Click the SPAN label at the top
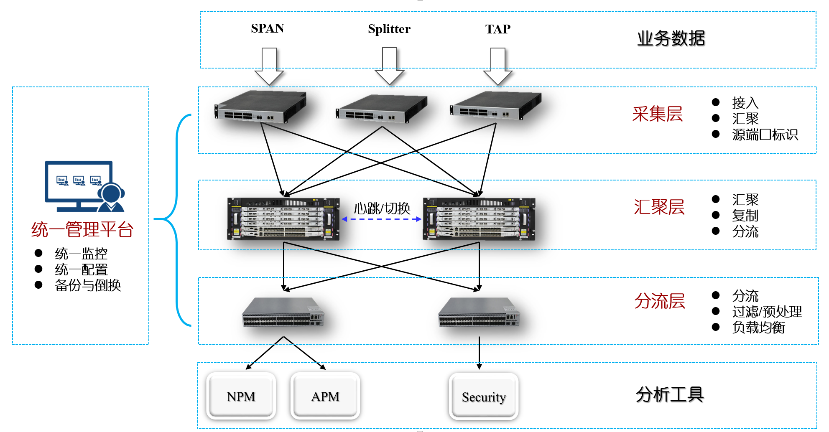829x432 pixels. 267,28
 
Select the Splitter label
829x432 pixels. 389,29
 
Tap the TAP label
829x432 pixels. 497,29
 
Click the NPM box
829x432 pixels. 241,396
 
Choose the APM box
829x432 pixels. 325,396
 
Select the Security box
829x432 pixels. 484,396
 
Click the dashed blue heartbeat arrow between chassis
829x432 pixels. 381,219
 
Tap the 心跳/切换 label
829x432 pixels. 382,208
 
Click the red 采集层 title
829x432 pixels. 657,114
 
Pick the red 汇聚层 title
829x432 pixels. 659,207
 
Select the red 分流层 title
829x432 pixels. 659,301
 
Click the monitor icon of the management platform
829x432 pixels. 84,186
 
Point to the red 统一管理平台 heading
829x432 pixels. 82,230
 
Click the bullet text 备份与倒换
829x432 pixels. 88,285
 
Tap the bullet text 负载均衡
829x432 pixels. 758,328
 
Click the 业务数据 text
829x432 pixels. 671,38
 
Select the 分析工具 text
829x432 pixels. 669,394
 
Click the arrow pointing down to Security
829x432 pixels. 479,353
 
